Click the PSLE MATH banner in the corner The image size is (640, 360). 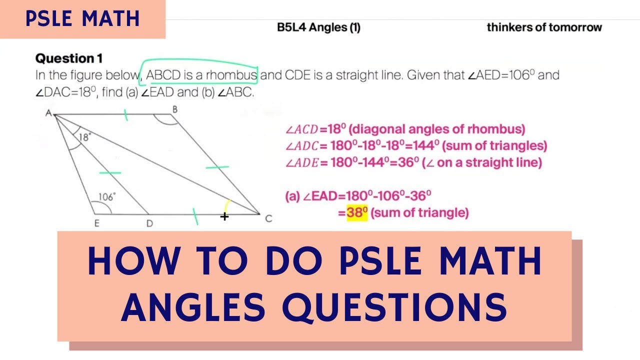tap(82, 19)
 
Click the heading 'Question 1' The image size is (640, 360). tap(69, 58)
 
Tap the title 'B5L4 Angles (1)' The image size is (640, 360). tap(318, 28)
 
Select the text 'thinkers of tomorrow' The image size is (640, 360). tap(544, 27)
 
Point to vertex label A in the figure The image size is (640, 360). tap(48, 113)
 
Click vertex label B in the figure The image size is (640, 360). tap(174, 109)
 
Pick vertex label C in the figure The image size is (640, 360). tap(268, 218)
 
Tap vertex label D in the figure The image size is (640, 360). tap(149, 223)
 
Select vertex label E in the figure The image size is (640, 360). tap(96, 223)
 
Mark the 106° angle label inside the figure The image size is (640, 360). tap(105, 197)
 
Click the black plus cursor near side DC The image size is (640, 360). tap(224, 216)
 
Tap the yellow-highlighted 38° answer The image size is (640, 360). tap(357, 213)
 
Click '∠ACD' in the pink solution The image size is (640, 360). tap(301, 130)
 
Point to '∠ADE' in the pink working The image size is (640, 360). tap(302, 163)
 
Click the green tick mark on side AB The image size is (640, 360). tap(126, 115)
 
